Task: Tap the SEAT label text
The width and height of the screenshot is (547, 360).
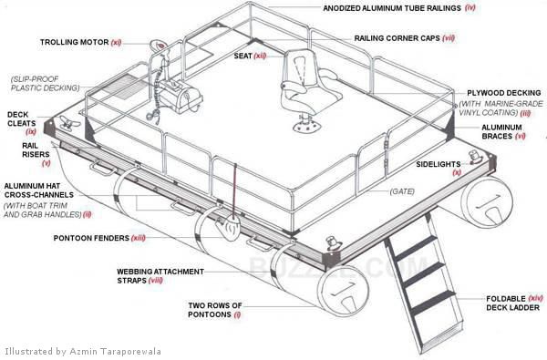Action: click(243, 56)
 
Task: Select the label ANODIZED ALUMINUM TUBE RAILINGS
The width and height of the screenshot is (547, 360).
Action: click(392, 7)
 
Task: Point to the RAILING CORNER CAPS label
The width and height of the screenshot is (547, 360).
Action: click(398, 39)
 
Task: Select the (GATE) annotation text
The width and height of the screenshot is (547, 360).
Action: click(403, 192)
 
